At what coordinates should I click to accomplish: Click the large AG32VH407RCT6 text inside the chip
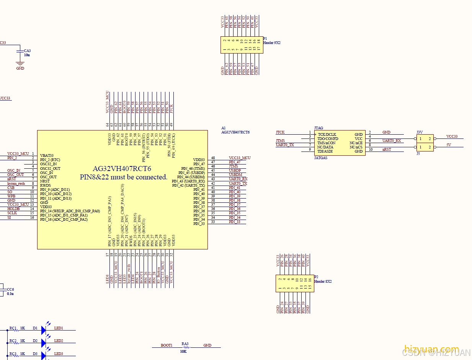[x=122, y=169]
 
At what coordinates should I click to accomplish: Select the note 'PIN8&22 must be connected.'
[x=124, y=177]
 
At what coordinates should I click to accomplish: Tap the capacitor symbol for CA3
[x=19, y=50]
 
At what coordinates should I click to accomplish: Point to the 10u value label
[x=27, y=55]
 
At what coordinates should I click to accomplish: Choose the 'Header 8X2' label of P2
[x=323, y=281]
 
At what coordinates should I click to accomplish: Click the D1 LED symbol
[x=44, y=329]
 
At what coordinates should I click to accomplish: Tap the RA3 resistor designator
[x=185, y=344]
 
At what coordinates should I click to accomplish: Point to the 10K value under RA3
[x=183, y=351]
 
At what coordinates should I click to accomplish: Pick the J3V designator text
[x=420, y=132]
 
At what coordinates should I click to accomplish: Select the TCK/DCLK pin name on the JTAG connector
[x=327, y=135]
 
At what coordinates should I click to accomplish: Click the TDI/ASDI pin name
[x=325, y=151]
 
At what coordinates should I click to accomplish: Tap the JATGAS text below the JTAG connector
[x=321, y=158]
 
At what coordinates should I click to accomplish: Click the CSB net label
[x=11, y=188]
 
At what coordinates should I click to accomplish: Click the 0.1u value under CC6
[x=10, y=293]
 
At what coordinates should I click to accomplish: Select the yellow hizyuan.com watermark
[x=431, y=349]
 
